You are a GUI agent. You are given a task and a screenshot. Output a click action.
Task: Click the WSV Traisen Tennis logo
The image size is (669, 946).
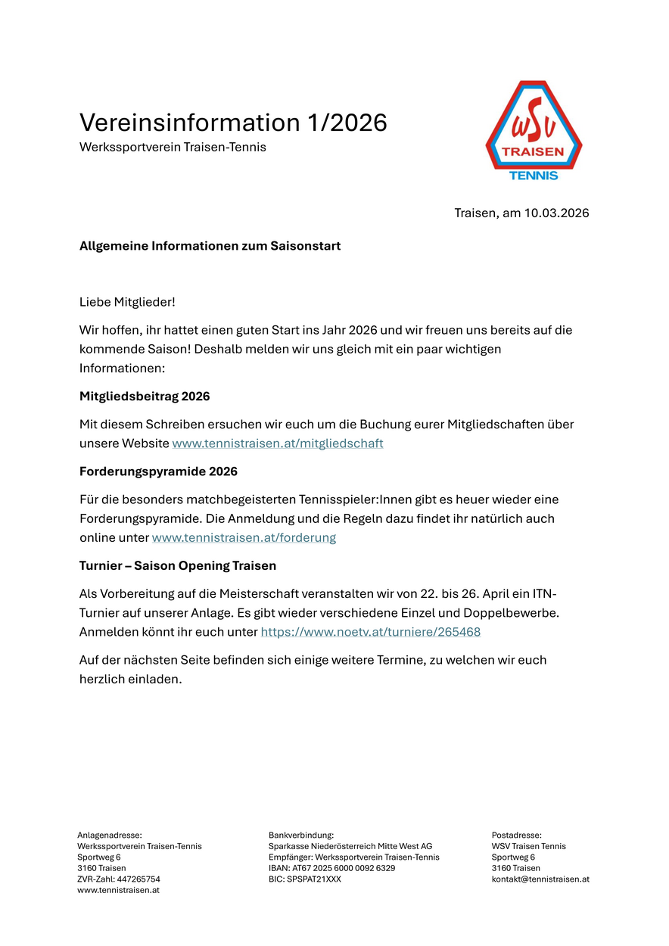coord(534,129)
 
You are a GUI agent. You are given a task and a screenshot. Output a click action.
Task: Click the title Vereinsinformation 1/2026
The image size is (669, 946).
coord(233,123)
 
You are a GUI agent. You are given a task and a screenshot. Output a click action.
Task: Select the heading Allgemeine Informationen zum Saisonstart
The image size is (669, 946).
coord(210,246)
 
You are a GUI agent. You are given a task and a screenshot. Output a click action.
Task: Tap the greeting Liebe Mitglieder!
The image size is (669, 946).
coord(127,302)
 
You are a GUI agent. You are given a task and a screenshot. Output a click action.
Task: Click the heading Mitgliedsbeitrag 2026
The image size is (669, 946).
coord(145,397)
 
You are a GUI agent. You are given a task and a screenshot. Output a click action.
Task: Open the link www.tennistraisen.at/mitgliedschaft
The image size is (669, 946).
coord(278,443)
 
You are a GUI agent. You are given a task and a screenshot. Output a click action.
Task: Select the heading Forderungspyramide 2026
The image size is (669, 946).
coord(158,471)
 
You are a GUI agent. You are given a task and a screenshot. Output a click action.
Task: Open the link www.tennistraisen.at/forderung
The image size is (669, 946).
coord(244,538)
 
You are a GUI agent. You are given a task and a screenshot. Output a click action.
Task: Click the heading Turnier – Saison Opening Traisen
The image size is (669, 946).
coord(178,566)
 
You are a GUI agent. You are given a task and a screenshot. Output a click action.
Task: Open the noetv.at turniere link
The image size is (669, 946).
coord(370,632)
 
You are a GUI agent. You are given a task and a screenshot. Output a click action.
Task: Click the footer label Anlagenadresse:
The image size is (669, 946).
coord(110,835)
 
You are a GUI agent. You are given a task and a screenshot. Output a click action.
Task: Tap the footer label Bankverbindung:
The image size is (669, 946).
coord(301,835)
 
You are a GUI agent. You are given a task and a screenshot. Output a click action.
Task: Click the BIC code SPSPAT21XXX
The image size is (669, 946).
coord(314,879)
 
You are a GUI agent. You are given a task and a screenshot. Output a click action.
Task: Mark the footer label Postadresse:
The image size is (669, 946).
coord(517,835)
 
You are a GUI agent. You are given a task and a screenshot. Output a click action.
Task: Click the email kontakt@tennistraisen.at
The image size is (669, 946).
coord(540,879)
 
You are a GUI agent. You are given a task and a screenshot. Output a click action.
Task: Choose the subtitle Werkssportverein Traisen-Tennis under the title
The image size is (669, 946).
coord(173,148)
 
